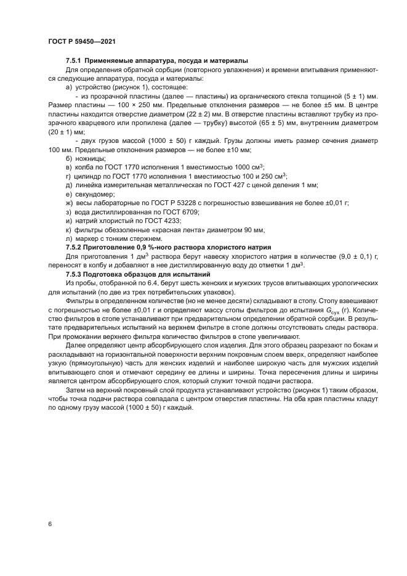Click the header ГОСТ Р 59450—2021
[81, 41]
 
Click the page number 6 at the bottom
[49, 524]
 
